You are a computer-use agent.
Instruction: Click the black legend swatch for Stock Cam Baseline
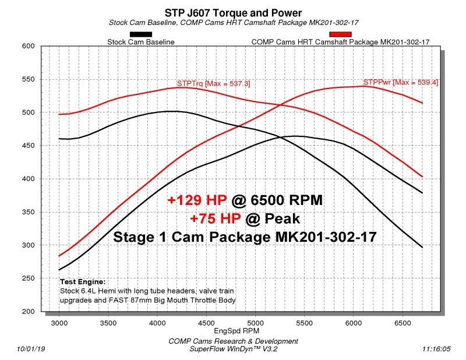point(140,34)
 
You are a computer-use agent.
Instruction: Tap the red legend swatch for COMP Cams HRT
point(340,34)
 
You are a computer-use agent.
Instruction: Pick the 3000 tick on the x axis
point(59,322)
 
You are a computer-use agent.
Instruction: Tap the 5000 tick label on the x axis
point(255,322)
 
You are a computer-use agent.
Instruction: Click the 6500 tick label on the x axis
point(402,322)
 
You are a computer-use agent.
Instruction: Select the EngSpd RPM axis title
point(233,330)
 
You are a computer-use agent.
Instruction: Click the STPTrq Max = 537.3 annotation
point(213,83)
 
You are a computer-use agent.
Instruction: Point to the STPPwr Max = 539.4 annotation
point(401,82)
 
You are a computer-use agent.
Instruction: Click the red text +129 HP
point(196,200)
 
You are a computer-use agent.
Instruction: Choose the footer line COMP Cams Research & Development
point(233,341)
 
